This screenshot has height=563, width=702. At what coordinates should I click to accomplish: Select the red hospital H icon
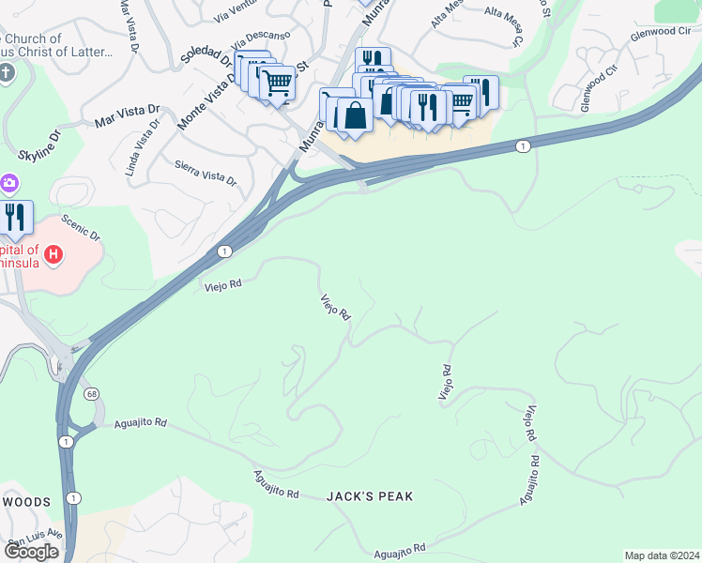[54, 253]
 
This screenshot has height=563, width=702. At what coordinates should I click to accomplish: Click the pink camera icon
[8, 182]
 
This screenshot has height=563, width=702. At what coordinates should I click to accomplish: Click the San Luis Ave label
[35, 540]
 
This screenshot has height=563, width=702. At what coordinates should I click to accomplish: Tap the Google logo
[31, 552]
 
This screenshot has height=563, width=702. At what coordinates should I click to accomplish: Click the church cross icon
[6, 73]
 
